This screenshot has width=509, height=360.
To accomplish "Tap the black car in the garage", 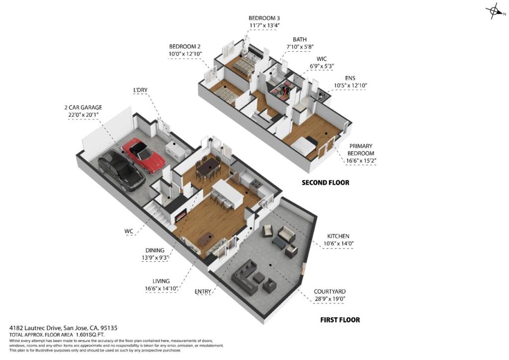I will tap(121, 171).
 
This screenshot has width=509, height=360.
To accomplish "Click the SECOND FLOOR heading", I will tap(325, 182).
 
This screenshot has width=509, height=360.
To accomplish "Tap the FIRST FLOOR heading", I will tap(339, 320).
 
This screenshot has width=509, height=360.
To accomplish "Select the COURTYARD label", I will tap(330, 292).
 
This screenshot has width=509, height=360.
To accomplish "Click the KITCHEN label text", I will tap(338, 236).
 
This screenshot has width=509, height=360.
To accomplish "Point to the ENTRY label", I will tap(203, 291).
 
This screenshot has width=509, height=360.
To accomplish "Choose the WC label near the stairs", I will tap(129, 231).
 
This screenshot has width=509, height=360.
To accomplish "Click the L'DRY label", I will tap(141, 90).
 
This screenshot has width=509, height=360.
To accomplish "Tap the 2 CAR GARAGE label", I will tap(83, 107).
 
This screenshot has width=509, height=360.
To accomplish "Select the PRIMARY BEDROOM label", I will tap(361, 150).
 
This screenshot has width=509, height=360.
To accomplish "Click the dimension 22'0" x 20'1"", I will tap(83, 115).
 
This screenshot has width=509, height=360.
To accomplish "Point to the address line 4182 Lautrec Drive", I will tap(63, 328).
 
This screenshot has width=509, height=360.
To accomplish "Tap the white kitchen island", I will tap(228, 191).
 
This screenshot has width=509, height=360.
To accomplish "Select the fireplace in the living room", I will tap(181, 216).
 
